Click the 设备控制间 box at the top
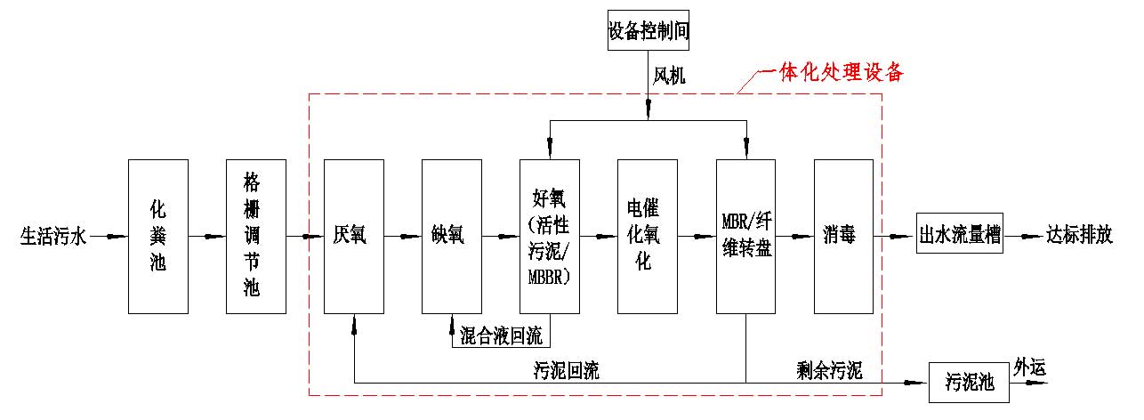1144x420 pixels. coord(649,32)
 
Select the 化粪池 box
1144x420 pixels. coord(158,236)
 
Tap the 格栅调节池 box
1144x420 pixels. coord(256,236)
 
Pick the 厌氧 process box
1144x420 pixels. coord(354,236)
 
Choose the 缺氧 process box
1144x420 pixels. coord(452,236)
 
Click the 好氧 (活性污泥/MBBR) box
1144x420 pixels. coord(550,236)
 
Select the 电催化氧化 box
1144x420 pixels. coord(648,236)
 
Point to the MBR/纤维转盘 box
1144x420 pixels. coord(746,236)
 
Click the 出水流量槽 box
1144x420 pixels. coord(960,238)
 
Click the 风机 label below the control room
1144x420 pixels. coord(671,78)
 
